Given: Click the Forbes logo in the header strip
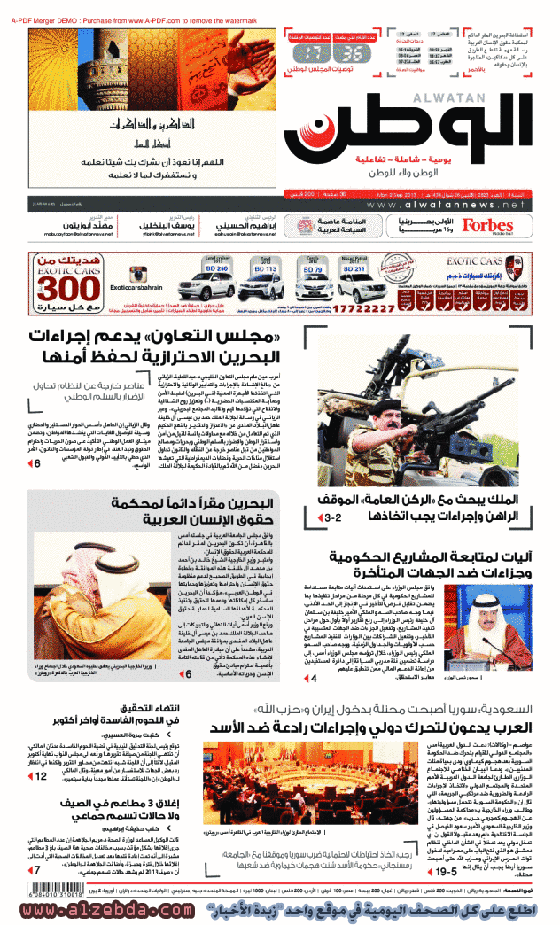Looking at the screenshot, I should [x=488, y=226].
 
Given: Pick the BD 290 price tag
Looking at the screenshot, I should [x=217, y=268].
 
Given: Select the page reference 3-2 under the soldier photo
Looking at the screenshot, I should [x=336, y=515].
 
